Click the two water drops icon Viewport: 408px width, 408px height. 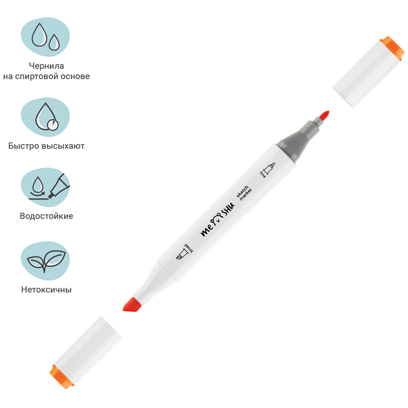click(45, 37)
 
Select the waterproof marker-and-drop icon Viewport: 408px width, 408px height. click(49, 187)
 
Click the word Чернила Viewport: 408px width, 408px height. click(46, 66)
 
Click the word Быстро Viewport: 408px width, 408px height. click(23, 146)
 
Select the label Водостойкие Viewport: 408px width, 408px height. click(46, 216)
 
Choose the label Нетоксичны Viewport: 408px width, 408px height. click(46, 290)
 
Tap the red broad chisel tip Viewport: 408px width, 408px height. click(132, 304)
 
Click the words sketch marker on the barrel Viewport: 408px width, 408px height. click(244, 193)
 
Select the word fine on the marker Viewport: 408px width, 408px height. click(263, 175)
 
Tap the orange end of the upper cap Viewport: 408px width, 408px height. click(392, 48)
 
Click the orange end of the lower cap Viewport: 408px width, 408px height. click(62, 376)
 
